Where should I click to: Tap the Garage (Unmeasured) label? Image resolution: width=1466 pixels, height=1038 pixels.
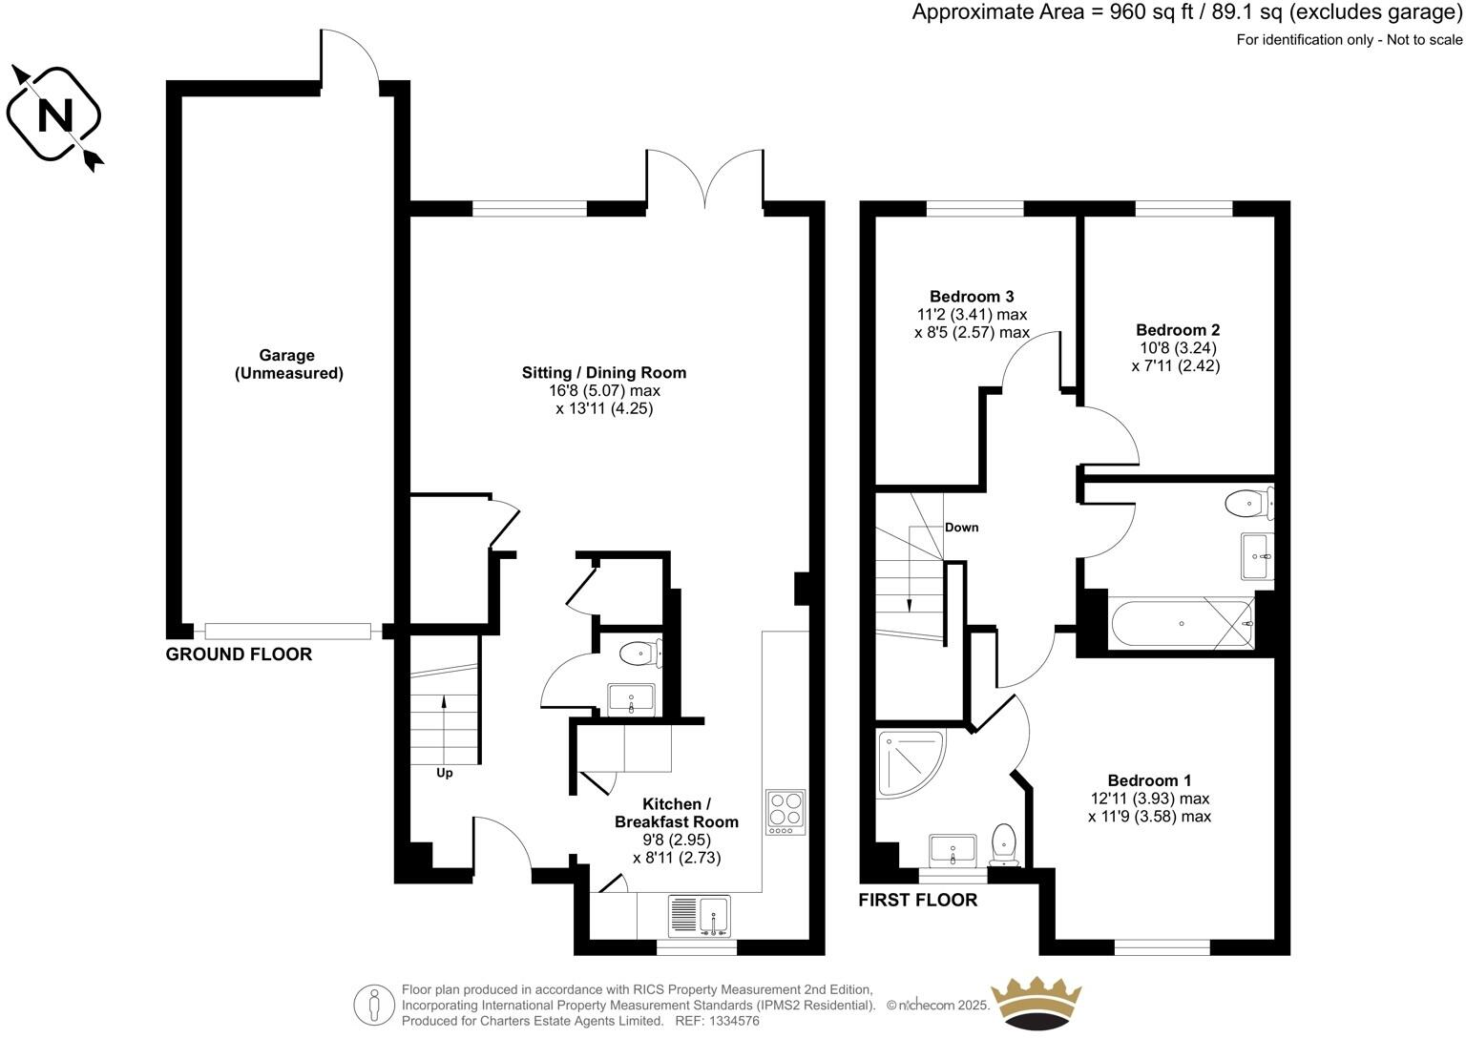[x=288, y=364]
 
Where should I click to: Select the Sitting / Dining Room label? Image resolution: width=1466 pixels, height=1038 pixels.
[x=603, y=373]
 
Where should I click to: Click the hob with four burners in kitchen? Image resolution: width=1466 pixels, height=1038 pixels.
[x=785, y=812]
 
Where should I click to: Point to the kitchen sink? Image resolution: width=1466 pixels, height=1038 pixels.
[x=699, y=916]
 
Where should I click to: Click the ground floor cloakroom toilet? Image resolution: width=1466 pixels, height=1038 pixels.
[x=639, y=654]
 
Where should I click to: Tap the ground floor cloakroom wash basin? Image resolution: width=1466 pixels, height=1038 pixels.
[x=631, y=699]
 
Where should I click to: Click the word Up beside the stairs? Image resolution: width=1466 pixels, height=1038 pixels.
[x=445, y=774]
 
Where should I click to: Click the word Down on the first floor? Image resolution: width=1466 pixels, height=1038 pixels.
[x=961, y=528]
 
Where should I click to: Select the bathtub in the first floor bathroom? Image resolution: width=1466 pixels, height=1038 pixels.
[x=1182, y=624]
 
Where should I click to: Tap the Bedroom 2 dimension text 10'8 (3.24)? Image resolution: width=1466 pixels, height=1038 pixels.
[x=1176, y=348]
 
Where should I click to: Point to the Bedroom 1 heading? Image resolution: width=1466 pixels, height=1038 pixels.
[x=1149, y=780]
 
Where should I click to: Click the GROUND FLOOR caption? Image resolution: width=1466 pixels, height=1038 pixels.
[x=239, y=654]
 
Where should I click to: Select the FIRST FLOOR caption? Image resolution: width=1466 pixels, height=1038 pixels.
[x=917, y=900]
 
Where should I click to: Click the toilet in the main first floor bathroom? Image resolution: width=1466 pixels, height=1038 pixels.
[x=1248, y=502]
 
